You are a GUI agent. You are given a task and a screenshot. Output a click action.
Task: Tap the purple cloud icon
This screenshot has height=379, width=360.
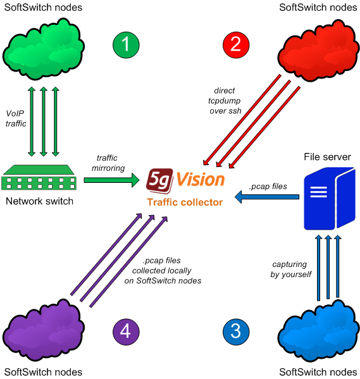pos(42,330)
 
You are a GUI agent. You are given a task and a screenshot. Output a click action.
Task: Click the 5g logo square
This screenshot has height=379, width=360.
pos(159,180)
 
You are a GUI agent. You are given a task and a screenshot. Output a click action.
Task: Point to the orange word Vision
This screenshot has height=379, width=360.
pos(200,180)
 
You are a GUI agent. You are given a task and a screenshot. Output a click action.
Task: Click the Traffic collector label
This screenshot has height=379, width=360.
pos(185,202)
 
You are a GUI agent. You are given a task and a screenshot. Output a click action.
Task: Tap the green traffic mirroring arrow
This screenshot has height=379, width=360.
pos(111,181)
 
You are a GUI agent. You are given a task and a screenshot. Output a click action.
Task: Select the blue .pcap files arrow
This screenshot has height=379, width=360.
pos(266,198)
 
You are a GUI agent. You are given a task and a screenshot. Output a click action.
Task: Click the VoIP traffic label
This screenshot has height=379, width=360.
pos(16,119)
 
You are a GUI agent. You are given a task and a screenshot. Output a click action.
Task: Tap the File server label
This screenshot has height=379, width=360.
pos(326,156)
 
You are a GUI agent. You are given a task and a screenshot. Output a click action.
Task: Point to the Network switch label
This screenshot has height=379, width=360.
pos(39,201)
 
